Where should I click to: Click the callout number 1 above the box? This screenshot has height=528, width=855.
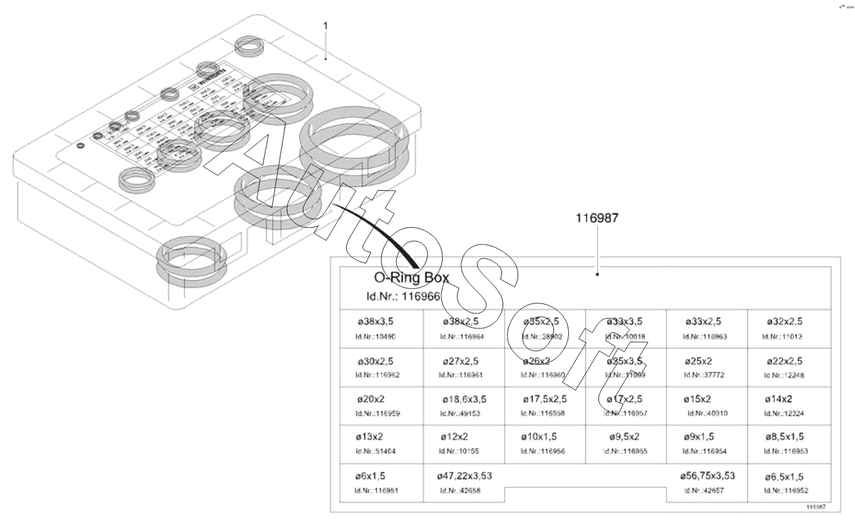point(325,26)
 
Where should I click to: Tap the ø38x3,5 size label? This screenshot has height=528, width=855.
point(376,322)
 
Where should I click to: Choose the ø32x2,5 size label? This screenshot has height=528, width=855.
point(784,322)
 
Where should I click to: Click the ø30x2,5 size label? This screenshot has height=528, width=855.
point(376,361)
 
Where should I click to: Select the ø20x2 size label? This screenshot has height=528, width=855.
point(371,399)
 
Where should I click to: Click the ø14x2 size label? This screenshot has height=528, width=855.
point(779,399)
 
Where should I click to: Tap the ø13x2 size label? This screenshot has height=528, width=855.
point(371,437)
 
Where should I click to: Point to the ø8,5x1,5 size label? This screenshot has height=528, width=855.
point(784,437)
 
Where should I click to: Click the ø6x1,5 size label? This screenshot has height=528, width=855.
point(371,476)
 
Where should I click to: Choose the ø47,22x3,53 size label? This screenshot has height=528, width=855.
point(464,476)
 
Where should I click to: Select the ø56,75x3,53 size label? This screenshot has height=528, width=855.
point(707,476)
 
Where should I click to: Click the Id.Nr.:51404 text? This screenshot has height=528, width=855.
point(376,451)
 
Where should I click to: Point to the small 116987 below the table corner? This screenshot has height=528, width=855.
point(816,507)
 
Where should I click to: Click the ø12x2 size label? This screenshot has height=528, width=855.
point(454,437)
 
